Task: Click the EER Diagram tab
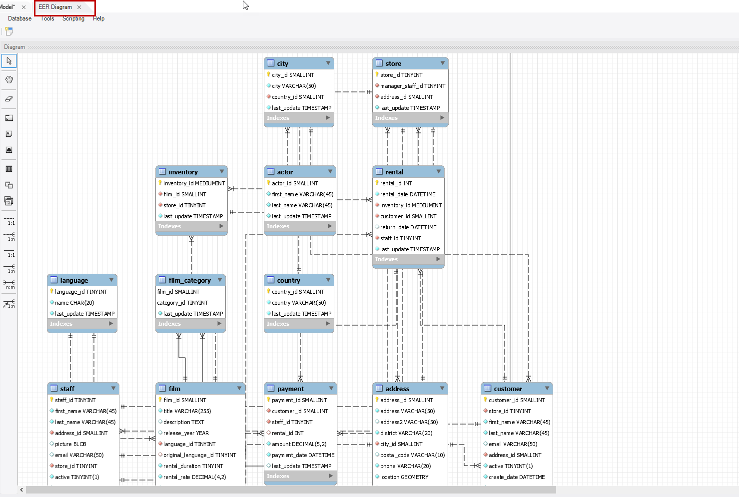click(x=55, y=7)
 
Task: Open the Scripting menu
click(x=73, y=18)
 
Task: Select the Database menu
click(x=19, y=18)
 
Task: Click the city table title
click(x=283, y=63)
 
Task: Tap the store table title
click(x=393, y=63)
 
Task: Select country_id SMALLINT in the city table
click(x=298, y=97)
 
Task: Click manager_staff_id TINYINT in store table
click(x=413, y=86)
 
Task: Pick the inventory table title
click(x=183, y=172)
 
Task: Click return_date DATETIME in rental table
click(x=408, y=227)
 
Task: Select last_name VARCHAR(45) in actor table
click(x=302, y=205)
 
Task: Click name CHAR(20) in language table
click(x=74, y=303)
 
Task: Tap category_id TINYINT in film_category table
click(x=183, y=303)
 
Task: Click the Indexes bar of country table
click(x=298, y=324)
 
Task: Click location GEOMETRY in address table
click(x=404, y=477)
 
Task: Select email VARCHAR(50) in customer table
click(x=513, y=444)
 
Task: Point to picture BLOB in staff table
click(x=70, y=444)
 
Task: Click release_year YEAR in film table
click(x=186, y=433)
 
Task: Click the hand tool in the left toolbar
click(x=9, y=79)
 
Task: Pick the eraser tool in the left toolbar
click(x=9, y=99)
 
